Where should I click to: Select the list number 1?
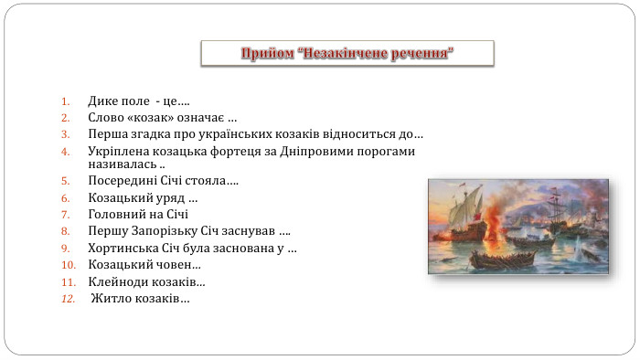coord(65,101)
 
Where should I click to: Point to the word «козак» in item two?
coord(155,118)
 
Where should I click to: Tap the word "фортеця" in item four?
coord(258,151)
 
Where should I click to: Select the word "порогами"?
coord(388,151)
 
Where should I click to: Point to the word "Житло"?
coord(109,299)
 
